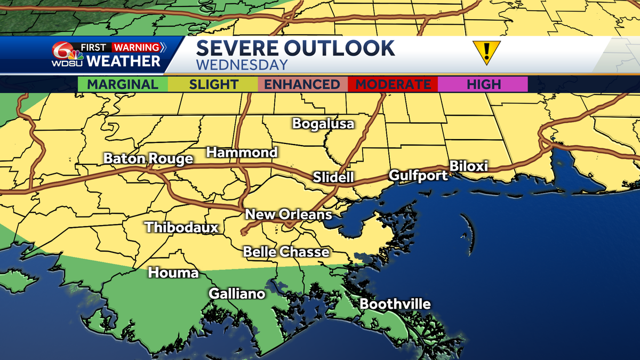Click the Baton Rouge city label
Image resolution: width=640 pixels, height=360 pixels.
point(148,159)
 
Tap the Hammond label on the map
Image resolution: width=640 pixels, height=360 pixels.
point(242,153)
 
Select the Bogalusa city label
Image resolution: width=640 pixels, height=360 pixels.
point(323,124)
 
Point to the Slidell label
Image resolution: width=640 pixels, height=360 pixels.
point(333,177)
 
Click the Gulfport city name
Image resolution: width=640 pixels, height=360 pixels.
point(418,175)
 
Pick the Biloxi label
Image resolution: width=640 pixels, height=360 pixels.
point(469,166)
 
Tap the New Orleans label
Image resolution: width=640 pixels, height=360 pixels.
point(289,214)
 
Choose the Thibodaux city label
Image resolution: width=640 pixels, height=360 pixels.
point(182,227)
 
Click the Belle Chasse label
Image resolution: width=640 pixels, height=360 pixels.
point(286,252)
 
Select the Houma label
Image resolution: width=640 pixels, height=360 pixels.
point(173,273)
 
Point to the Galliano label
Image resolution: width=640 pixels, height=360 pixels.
point(237,293)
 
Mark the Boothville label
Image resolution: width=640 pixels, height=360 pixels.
point(395,304)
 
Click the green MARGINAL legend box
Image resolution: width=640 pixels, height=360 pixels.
point(123,84)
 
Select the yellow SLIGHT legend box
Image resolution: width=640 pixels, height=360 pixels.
point(213,84)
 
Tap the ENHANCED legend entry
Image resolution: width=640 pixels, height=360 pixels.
point(302,84)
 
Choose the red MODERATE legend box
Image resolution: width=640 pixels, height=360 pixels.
point(393,84)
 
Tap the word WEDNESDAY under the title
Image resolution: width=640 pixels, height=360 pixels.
point(242,65)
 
